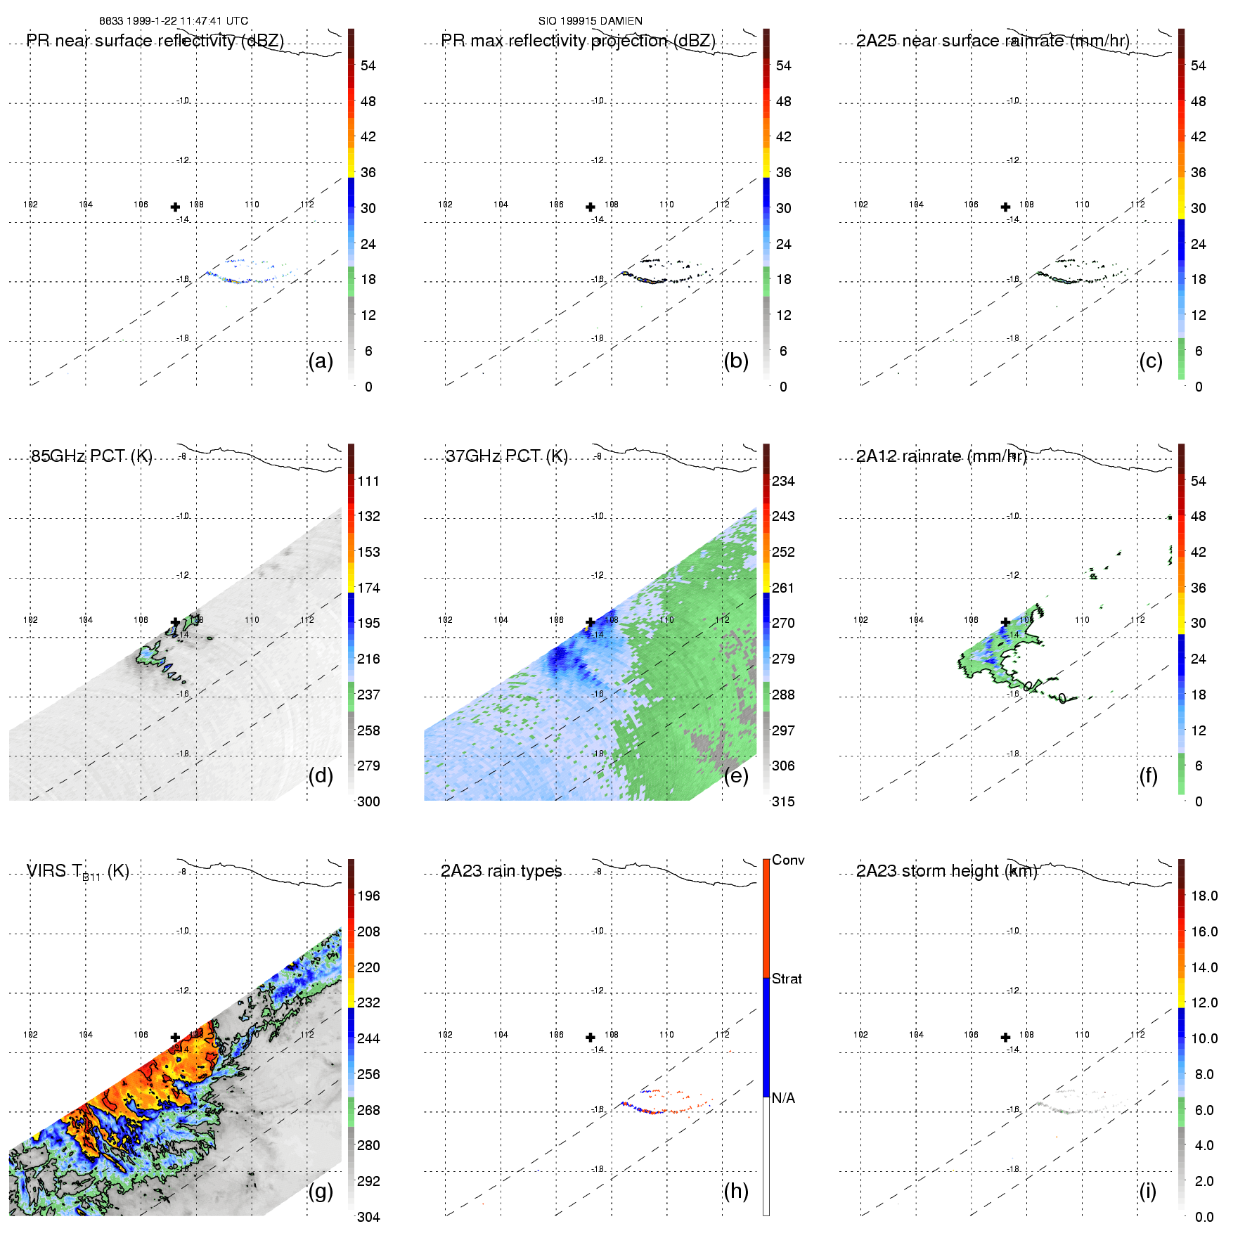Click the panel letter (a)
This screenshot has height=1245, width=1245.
click(x=321, y=361)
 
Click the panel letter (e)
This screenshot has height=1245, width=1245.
click(x=736, y=775)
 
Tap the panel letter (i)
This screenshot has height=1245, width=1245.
click(x=1147, y=1191)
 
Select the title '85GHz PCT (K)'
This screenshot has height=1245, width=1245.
click(x=91, y=456)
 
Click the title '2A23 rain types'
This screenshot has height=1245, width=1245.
click(x=501, y=871)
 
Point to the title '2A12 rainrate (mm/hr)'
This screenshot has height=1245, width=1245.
click(x=941, y=456)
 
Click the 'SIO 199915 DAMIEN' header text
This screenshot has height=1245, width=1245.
click(x=590, y=21)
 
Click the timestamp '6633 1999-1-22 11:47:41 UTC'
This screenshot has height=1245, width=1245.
click(x=174, y=21)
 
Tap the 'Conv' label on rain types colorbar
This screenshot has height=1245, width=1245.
click(x=788, y=860)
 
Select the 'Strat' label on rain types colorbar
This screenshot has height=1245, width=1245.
click(x=787, y=979)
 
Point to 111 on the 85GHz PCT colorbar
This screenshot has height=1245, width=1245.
click(x=368, y=481)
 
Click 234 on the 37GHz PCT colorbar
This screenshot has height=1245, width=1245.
click(x=783, y=481)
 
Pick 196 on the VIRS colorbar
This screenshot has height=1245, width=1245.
click(x=368, y=896)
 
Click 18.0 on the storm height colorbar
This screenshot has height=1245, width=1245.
click(x=1204, y=896)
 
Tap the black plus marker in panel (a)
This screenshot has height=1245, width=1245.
click(x=175, y=207)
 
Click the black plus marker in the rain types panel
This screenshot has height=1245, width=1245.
click(x=591, y=1037)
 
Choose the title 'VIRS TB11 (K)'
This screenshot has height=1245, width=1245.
click(x=77, y=872)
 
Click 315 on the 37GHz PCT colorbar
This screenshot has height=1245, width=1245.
click(x=783, y=801)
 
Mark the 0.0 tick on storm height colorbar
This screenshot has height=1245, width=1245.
click(x=1204, y=1217)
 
